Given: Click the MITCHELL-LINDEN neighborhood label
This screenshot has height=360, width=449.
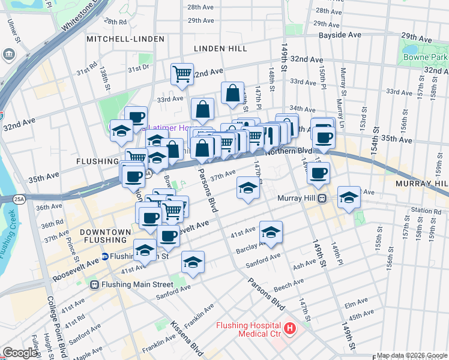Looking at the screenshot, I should (x=125, y=39).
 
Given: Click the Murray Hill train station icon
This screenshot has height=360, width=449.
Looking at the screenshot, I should (x=322, y=198).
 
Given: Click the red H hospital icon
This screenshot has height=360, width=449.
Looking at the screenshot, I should (x=291, y=328).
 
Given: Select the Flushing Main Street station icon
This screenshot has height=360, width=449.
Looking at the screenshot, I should (x=94, y=284).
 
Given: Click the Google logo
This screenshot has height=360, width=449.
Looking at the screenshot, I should (x=20, y=353).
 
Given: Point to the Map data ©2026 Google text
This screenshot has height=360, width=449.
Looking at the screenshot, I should (x=412, y=355).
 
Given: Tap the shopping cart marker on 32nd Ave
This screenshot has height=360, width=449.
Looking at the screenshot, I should (x=182, y=74).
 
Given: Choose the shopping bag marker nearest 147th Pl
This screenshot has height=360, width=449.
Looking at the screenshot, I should (x=232, y=94).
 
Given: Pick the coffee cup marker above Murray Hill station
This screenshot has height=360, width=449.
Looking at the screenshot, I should (x=318, y=173).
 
